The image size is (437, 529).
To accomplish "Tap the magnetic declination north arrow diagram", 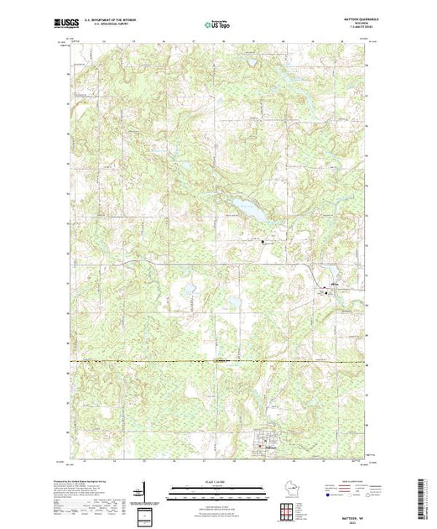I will (x=144, y=490).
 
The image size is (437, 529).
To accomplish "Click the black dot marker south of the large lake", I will (x=262, y=242).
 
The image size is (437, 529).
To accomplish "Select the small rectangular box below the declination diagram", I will (x=144, y=514).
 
